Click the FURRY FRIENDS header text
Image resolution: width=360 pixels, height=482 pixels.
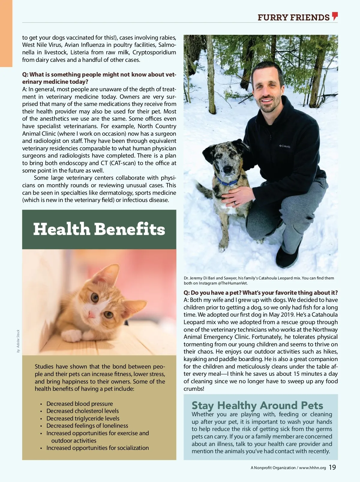coord(293,17)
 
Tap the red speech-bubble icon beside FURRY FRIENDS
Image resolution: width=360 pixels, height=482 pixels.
coord(335,16)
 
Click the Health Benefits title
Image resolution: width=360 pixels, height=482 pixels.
coord(99,229)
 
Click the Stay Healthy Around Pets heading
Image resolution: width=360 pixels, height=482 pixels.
coord(257,405)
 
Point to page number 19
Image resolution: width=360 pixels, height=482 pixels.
coord(332,467)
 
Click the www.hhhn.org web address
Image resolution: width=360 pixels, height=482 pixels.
coord(312,468)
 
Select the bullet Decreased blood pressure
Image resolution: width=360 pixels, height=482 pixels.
coord(79,404)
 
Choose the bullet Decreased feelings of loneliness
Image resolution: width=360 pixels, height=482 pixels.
coord(87,426)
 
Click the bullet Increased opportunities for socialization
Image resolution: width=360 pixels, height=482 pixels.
coord(97,448)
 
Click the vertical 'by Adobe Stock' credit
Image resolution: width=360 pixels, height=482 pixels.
coord(18,341)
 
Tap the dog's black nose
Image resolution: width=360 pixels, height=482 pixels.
coord(227,170)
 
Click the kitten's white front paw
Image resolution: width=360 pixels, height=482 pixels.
coord(73,335)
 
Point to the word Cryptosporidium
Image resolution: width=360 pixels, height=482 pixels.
coord(154,52)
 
